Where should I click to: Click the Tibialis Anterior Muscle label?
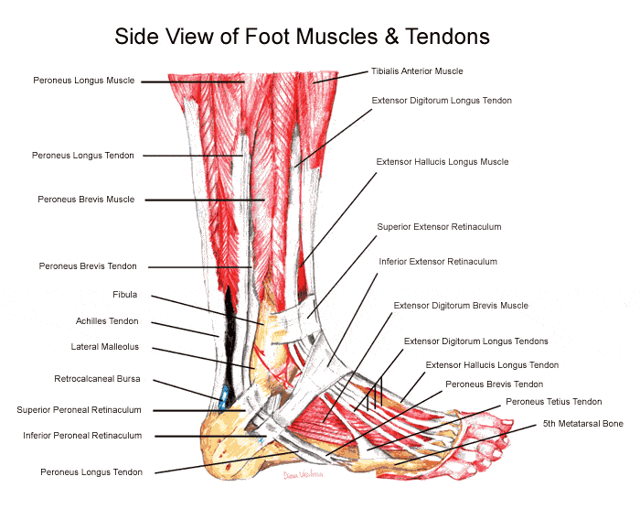(x=417, y=71)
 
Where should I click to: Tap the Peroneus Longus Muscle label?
(x=84, y=81)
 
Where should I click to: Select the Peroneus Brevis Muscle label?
(x=86, y=200)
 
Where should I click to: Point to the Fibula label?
(x=124, y=296)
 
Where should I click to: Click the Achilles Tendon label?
(x=107, y=321)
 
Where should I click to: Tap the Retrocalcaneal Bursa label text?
(x=96, y=379)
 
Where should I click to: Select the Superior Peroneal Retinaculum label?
(x=80, y=410)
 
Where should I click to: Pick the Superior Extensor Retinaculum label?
(x=439, y=226)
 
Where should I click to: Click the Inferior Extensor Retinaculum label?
(x=438, y=262)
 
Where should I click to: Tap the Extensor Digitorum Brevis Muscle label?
(x=461, y=306)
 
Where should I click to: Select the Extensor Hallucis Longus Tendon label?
(x=492, y=365)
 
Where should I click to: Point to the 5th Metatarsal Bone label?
(x=583, y=425)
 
